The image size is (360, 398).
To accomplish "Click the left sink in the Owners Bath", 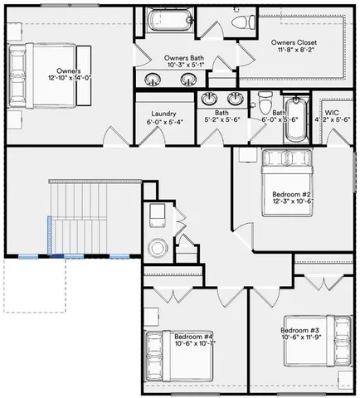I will pyautogui.click(x=153, y=80).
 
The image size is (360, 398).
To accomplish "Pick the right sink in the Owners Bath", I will pyautogui.click(x=188, y=80).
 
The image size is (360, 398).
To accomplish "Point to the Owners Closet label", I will pyautogui.click(x=295, y=41).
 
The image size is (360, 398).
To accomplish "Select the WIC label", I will pyautogui.click(x=331, y=111).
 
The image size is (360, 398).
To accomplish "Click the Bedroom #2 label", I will pyautogui.click(x=290, y=196).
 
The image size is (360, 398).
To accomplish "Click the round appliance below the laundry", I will pyautogui.click(x=155, y=247).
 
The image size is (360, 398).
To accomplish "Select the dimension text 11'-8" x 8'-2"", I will pyautogui.click(x=295, y=50).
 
